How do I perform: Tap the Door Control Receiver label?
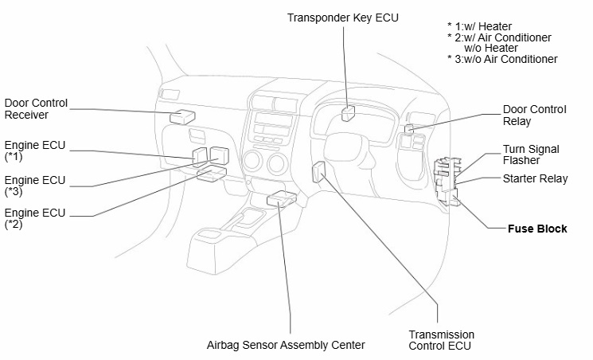[x=36, y=109]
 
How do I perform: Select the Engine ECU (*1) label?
[x=36, y=151]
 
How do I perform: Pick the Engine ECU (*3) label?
[x=36, y=185]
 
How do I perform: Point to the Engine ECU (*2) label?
[x=36, y=219]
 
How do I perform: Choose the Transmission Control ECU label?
[x=442, y=340]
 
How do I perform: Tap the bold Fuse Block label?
[x=537, y=229]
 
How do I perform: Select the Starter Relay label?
[x=535, y=178]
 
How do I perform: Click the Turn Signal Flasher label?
[x=531, y=155]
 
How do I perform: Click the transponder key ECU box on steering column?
[x=349, y=112]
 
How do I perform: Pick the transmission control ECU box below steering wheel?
[x=319, y=173]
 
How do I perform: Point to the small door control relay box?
[x=408, y=127]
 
